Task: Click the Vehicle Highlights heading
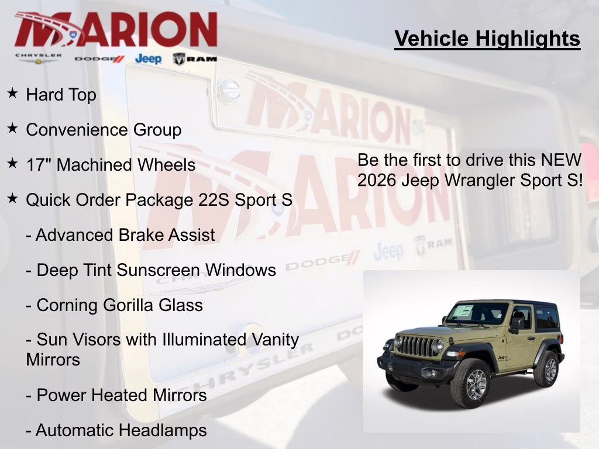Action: pyautogui.click(x=487, y=39)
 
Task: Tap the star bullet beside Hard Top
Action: pyautogui.click(x=12, y=93)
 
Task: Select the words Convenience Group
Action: pyautogui.click(x=104, y=130)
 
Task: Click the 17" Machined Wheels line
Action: pyautogui.click(x=111, y=165)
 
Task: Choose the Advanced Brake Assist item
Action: pyautogui.click(x=121, y=235)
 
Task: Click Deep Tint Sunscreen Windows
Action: pyautogui.click(x=151, y=270)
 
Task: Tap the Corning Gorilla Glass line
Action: pyautogui.click(x=115, y=305)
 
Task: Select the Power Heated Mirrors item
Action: pyautogui.click(x=116, y=395)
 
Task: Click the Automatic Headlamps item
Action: pyautogui.click(x=116, y=431)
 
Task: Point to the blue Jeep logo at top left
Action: pyautogui.click(x=148, y=58)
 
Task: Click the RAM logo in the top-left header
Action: pyautogui.click(x=195, y=58)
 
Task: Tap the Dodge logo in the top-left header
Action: pyautogui.click(x=99, y=58)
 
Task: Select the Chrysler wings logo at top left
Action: pyautogui.click(x=38, y=58)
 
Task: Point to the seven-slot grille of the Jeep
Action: pyautogui.click(x=416, y=346)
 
